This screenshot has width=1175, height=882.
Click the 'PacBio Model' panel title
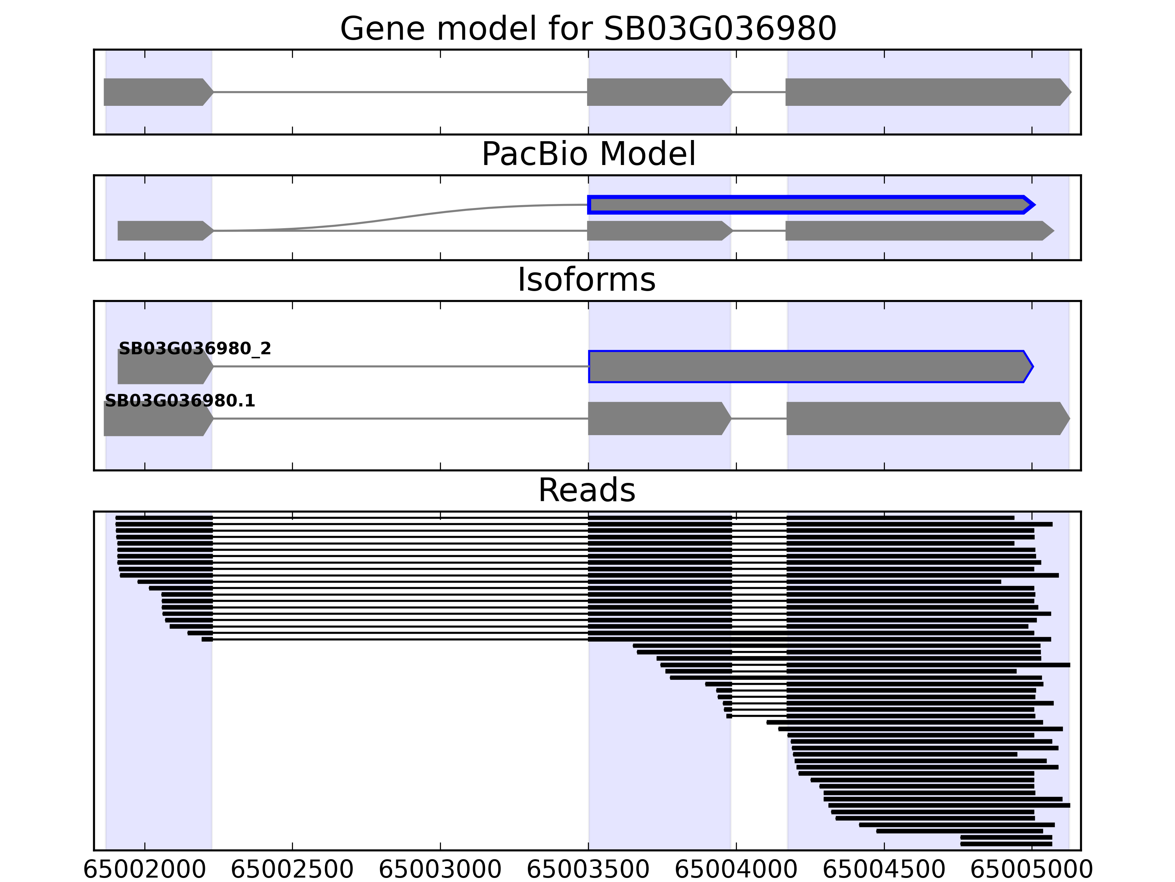(588, 154)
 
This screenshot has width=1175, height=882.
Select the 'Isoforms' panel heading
(586, 280)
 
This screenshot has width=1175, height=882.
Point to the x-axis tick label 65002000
(144, 870)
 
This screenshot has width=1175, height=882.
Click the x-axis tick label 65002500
(292, 870)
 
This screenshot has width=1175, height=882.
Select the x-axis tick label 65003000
(440, 870)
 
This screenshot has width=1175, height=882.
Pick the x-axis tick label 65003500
(588, 870)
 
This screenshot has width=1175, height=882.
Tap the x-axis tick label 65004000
(736, 870)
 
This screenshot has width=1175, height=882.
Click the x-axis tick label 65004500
(884, 870)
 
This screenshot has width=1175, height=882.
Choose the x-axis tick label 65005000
(1031, 870)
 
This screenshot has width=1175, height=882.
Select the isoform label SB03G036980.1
(180, 400)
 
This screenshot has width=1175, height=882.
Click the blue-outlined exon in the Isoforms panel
(807, 366)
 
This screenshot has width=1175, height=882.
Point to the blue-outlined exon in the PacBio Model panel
(807, 205)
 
